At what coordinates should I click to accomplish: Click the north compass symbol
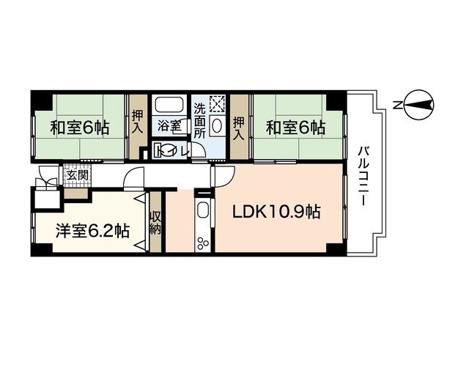point(415,105)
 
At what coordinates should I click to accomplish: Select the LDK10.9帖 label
point(276,213)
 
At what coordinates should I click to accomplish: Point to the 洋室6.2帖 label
point(92,231)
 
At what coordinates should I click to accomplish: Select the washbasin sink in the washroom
point(218,125)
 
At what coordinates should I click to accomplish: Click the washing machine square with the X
point(218,103)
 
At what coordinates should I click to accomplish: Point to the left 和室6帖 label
point(79,128)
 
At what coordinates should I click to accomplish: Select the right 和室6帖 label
point(295,128)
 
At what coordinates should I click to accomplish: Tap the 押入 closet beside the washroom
point(239,127)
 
